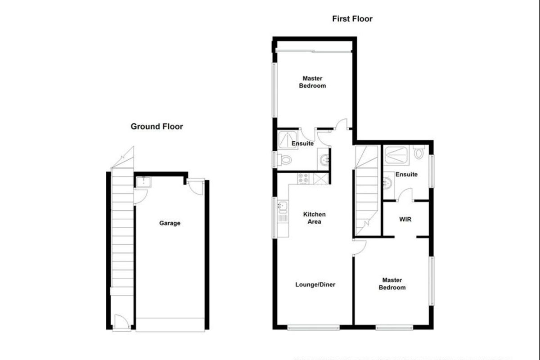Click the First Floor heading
(x=352, y=19)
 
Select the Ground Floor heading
(x=157, y=126)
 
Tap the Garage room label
(x=170, y=223)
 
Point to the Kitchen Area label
(x=314, y=218)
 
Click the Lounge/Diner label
(x=315, y=284)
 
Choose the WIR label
(x=405, y=220)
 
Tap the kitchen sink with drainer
(x=283, y=211)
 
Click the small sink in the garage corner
(x=144, y=182)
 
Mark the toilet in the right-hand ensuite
(x=419, y=153)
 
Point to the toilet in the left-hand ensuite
(x=285, y=160)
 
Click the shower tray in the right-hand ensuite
(x=396, y=154)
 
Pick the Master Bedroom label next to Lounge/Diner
(x=392, y=284)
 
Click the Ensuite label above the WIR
(x=406, y=175)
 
